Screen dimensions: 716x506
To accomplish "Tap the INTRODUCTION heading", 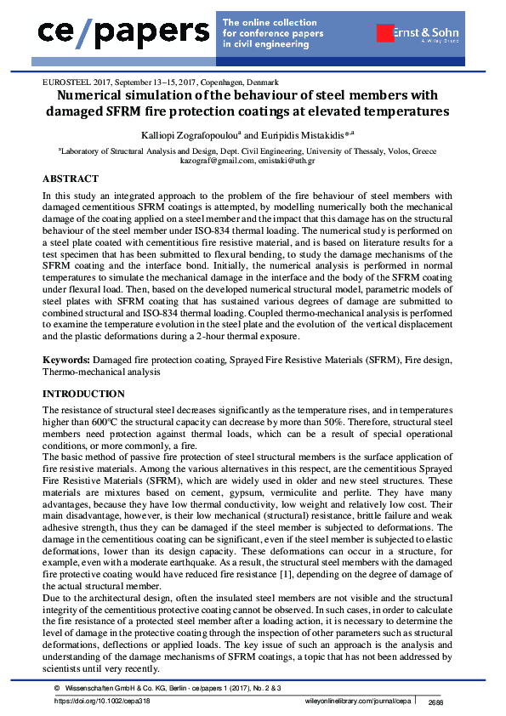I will [x=83, y=394].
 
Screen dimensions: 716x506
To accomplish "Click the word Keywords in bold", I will [x=66, y=361].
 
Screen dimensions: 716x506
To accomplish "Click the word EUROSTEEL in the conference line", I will [x=64, y=82].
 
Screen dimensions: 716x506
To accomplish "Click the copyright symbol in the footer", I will [x=56, y=687].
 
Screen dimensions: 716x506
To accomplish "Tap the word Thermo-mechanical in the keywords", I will [x=80, y=372].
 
